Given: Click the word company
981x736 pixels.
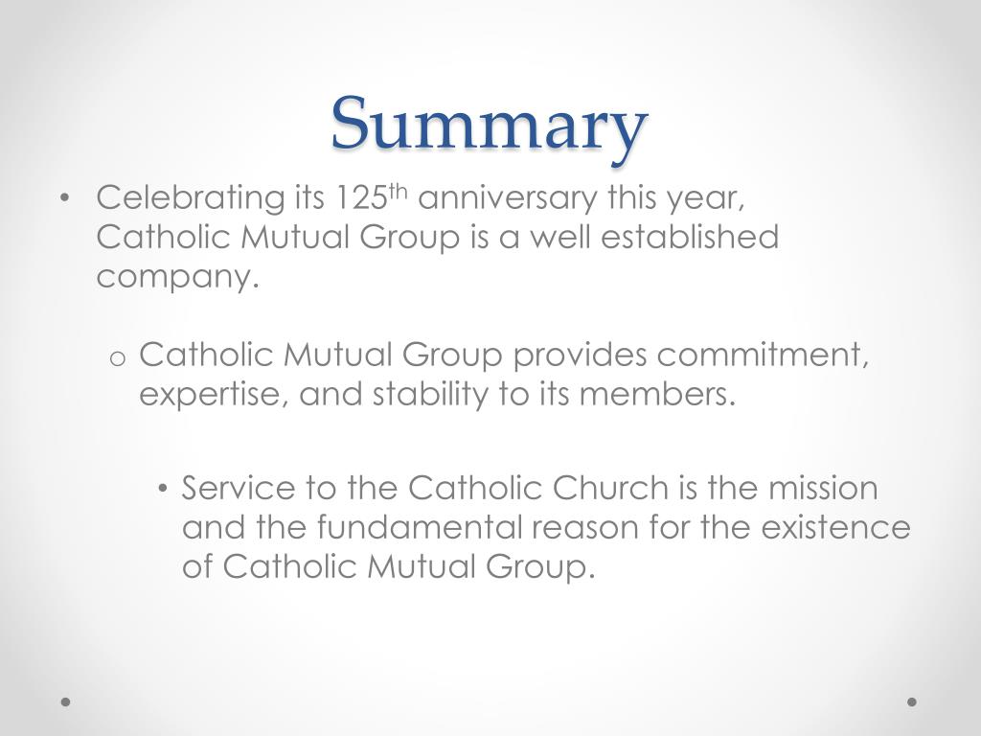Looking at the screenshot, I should click(x=178, y=278).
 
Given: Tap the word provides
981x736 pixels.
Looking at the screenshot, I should click(x=579, y=356).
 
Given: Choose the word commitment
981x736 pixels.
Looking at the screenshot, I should click(x=763, y=356).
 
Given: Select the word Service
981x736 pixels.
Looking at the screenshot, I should click(x=239, y=489).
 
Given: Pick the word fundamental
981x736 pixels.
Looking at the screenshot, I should click(x=420, y=527).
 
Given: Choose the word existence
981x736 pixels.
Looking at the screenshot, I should click(x=830, y=527).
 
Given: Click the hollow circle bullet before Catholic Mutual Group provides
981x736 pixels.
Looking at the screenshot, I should click(x=119, y=358).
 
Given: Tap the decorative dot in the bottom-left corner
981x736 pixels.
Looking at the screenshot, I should click(x=65, y=701).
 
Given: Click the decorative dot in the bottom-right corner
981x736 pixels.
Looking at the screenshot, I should click(x=912, y=701).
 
